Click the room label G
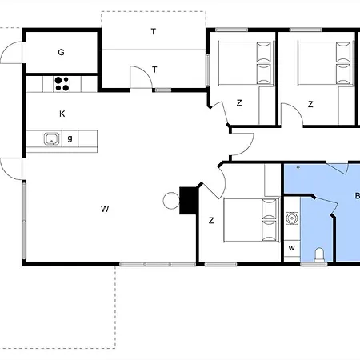tap(61, 52)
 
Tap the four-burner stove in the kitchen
tap(62, 84)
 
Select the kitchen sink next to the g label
tap(51, 138)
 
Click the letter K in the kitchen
tap(62, 114)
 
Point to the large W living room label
tap(105, 209)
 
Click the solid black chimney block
tap(188, 201)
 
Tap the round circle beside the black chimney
tap(171, 201)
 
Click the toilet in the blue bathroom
tap(319, 255)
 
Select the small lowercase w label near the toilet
tap(291, 248)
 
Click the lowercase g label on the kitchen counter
tap(70, 138)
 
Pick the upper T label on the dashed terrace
tap(154, 32)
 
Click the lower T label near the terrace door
tap(154, 70)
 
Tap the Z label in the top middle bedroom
tap(239, 103)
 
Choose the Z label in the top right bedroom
tap(310, 104)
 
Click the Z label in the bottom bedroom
tap(211, 221)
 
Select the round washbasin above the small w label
tap(292, 218)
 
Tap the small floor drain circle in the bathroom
tap(298, 167)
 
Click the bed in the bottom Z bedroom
tap(251, 220)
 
